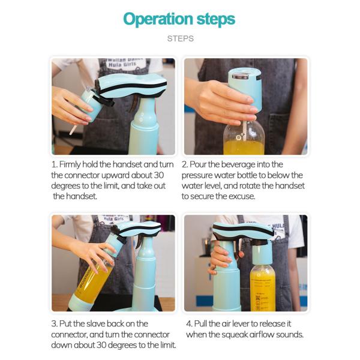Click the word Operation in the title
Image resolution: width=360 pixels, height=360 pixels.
coord(158,19)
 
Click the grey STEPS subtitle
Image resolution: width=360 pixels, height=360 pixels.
coord(181,38)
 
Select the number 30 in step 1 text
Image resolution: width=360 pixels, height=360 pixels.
coord(158,175)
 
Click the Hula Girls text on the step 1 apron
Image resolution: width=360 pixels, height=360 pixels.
coord(122,65)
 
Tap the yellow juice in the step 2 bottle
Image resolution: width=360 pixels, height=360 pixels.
coord(244,148)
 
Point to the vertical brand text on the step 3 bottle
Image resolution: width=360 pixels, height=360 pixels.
coord(85,277)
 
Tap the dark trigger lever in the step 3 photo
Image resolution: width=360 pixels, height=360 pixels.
coord(139,243)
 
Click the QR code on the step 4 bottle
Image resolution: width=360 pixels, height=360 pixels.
coord(258,298)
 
